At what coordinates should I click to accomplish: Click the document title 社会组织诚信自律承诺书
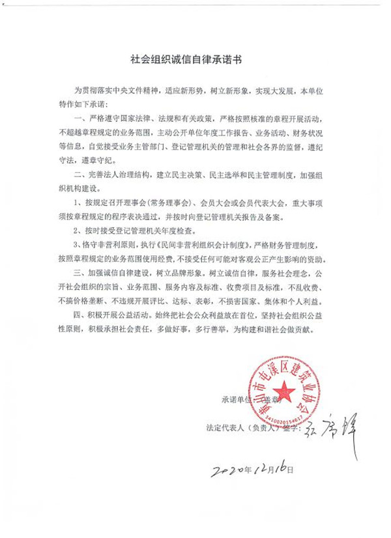pos(195,59)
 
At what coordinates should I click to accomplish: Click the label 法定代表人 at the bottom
pos(224,429)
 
